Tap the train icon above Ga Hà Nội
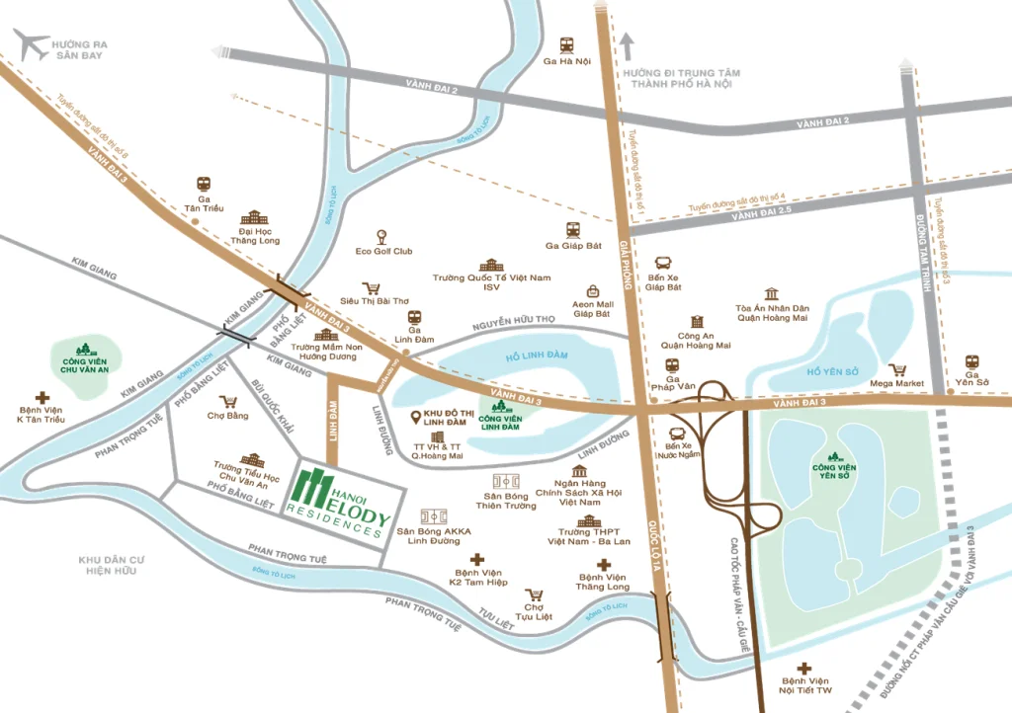[x=567, y=44]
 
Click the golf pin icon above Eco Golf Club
[x=382, y=236]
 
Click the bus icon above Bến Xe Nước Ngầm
[x=677, y=435]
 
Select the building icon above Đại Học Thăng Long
[x=255, y=216]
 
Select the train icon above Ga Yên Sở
[x=971, y=362]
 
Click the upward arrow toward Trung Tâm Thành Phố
[x=626, y=42]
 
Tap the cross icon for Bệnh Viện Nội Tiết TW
[x=808, y=668]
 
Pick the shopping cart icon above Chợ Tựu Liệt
[x=535, y=595]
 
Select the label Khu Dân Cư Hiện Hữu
[x=112, y=565]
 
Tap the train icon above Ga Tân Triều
[x=204, y=184]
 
